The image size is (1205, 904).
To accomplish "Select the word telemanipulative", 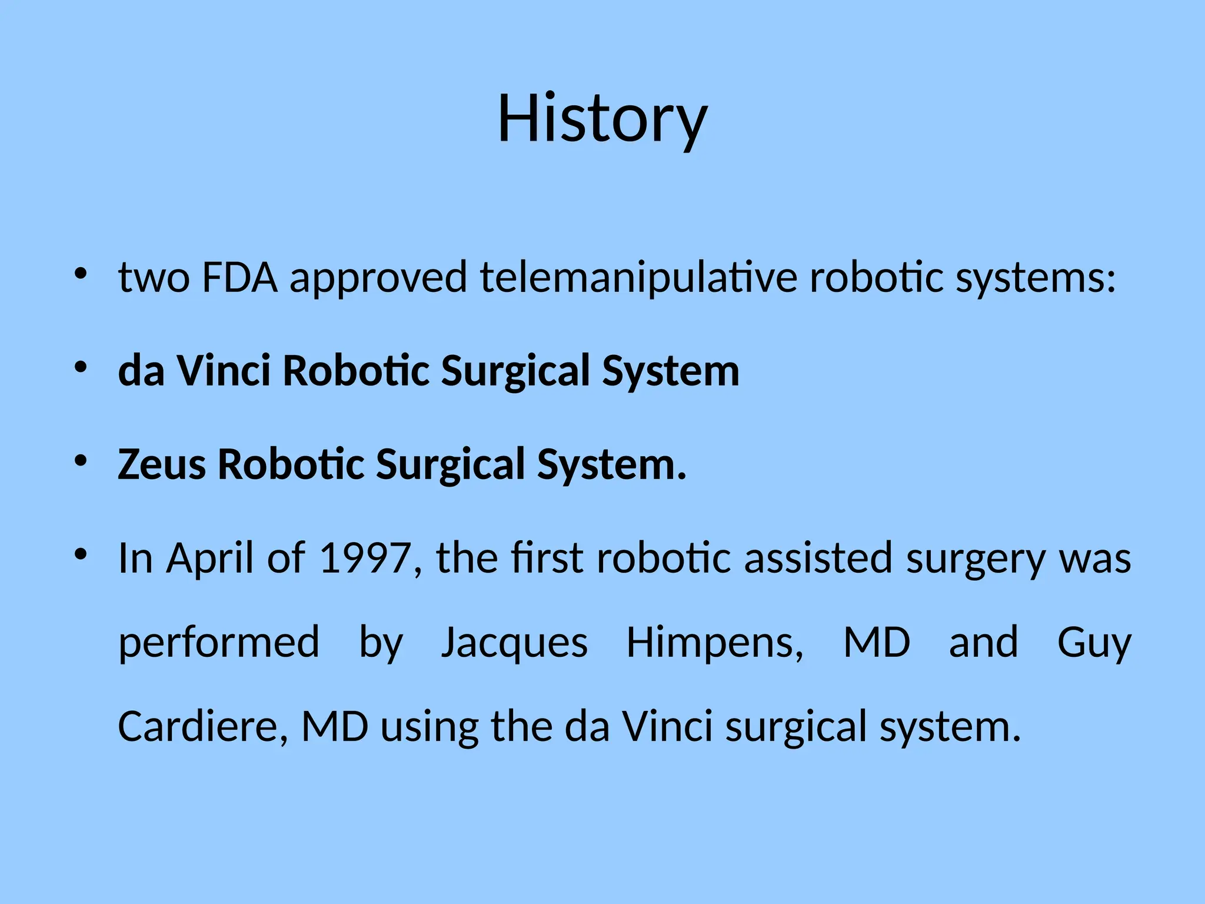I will [638, 278].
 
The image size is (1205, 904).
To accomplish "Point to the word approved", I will [378, 278].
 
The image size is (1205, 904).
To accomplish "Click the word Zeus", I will [162, 464].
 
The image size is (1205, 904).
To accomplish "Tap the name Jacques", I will [514, 643].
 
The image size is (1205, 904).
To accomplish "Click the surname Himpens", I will [714, 643].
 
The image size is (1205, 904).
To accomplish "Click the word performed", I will [219, 643].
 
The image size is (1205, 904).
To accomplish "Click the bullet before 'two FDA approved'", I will [81, 274].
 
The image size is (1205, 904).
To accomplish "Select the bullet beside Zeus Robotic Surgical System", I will [81, 461].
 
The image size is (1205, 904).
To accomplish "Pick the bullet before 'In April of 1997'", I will [81, 554].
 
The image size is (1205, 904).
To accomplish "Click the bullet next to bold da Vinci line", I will [81, 368].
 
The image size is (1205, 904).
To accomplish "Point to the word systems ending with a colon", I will [1035, 278].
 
